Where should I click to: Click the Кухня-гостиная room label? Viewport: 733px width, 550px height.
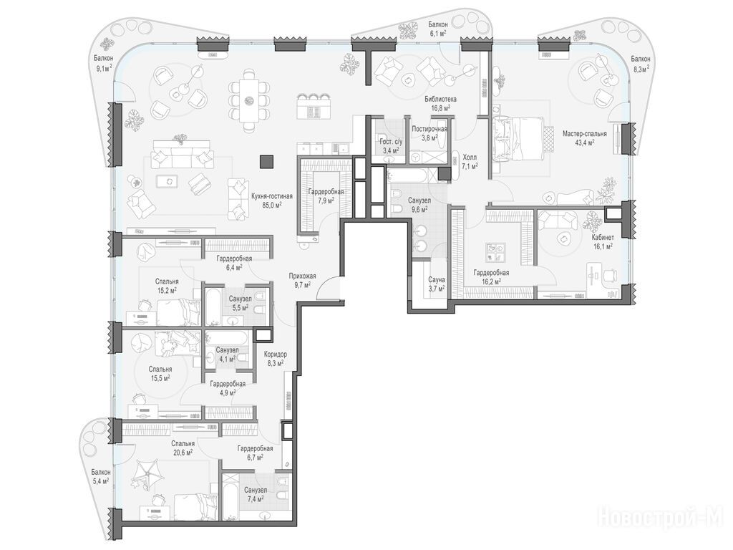(x=272, y=196)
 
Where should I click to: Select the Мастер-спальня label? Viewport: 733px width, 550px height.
(x=584, y=134)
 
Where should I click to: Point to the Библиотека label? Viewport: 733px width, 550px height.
(x=440, y=99)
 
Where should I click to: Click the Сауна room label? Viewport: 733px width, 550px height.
(x=437, y=280)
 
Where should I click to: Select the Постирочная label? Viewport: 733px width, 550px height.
(x=429, y=129)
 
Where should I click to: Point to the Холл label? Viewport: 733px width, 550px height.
(x=470, y=158)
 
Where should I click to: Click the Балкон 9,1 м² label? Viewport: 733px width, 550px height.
(x=103, y=63)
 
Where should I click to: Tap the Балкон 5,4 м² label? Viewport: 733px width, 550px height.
(x=101, y=476)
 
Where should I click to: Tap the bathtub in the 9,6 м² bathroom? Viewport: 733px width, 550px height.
(x=406, y=176)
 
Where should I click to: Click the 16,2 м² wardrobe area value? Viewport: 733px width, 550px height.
(x=491, y=281)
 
